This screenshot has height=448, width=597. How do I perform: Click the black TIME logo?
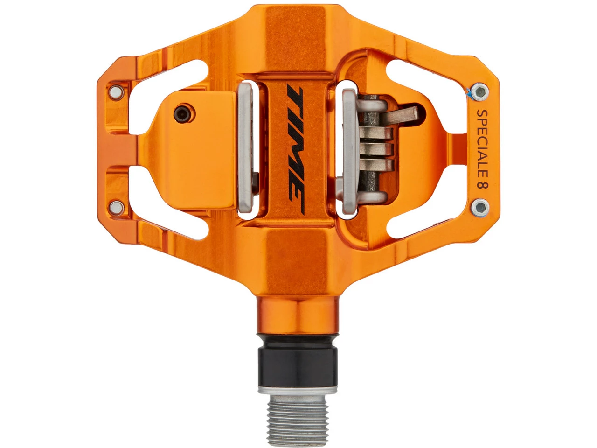click(x=296, y=150)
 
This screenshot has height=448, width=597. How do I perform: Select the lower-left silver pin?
click(x=117, y=208)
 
